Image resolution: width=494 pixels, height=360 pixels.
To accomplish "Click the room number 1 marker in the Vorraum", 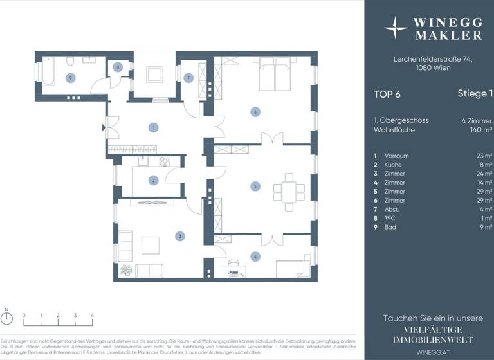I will coord(153,127).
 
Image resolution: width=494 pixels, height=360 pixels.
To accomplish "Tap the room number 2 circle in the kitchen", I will coord(153,181).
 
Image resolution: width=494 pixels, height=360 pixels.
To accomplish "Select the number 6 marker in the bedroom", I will coord(255,112).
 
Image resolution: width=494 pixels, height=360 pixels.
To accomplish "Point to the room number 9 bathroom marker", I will coord(71,77).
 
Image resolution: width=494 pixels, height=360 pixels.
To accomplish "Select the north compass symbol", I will coord(6,319).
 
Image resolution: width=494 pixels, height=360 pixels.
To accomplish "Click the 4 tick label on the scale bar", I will coord(93,316).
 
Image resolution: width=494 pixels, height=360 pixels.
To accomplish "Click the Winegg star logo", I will coord(396,28).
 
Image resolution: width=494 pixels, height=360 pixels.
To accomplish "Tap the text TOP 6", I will coord(387,94).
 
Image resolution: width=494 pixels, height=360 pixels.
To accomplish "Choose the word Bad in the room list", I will coord(390,227).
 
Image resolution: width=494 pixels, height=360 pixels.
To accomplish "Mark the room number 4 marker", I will coord(255,257).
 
